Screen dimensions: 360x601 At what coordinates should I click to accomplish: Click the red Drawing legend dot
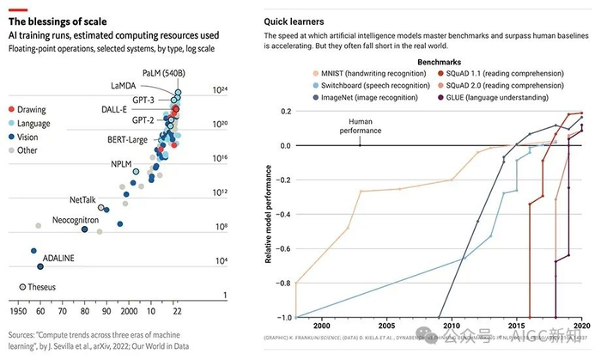pos(10,110)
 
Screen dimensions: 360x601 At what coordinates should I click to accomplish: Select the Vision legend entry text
pos(30,137)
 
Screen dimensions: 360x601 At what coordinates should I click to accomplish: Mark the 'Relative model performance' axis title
pos(269,214)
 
